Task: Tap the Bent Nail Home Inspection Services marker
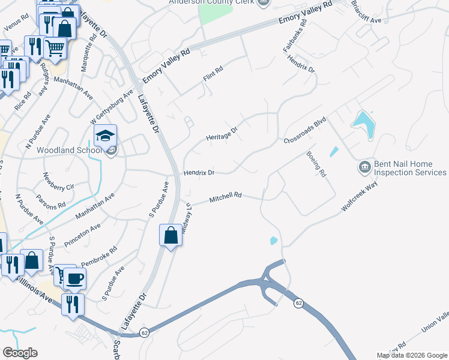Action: pyautogui.click(x=364, y=166)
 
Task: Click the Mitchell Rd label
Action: pyautogui.click(x=225, y=197)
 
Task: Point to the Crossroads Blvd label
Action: pyautogui.click(x=304, y=131)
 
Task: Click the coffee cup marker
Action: pyautogui.click(x=75, y=279)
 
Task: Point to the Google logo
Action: pyautogui.click(x=20, y=353)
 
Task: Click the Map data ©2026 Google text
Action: pyautogui.click(x=412, y=355)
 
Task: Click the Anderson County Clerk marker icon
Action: pyautogui.click(x=263, y=3)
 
